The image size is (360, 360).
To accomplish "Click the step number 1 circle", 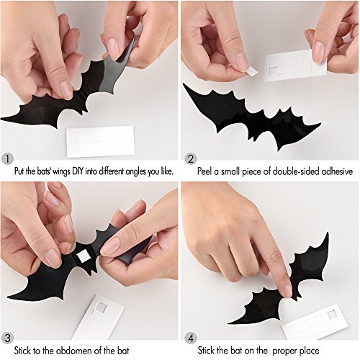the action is [7, 158].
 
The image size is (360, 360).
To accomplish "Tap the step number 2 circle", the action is [191, 158].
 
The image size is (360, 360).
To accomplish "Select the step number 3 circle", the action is [7, 338].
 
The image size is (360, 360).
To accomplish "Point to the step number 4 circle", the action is [191, 338].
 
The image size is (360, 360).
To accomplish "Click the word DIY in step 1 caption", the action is [78, 171].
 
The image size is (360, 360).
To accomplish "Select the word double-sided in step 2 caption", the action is [296, 171].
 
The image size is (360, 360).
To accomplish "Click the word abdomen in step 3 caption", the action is [73, 351].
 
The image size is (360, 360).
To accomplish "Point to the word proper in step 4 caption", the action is [284, 351].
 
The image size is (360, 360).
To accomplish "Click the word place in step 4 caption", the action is [309, 351].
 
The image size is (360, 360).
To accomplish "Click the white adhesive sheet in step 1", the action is [100, 141].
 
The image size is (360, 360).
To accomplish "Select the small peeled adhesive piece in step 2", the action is [251, 71].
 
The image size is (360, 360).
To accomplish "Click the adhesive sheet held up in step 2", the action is [295, 66].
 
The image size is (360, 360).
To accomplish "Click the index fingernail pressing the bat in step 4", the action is [287, 291].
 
